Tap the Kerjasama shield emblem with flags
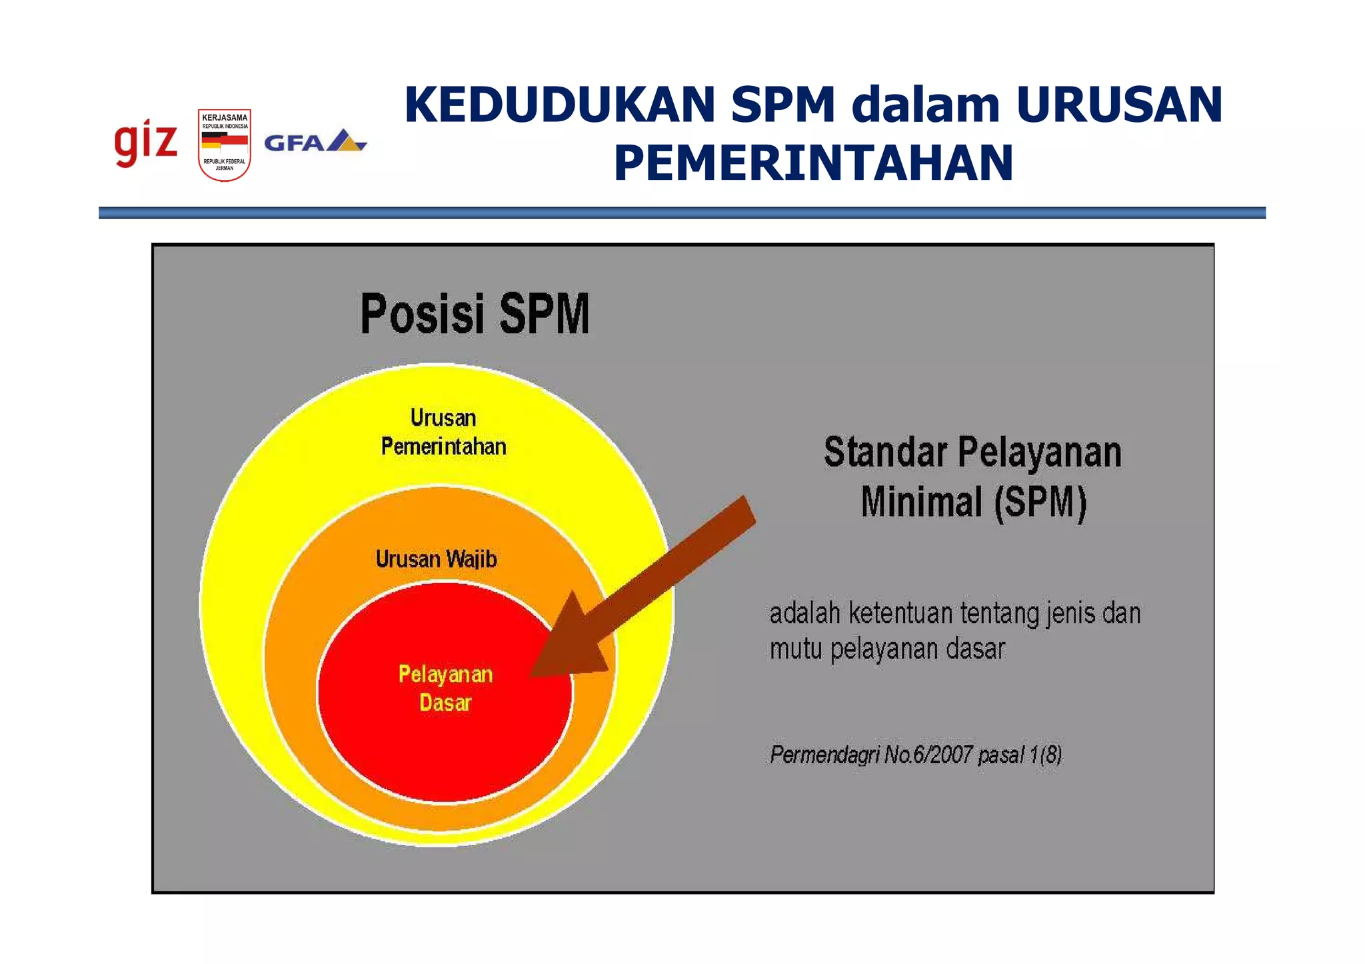pos(225,145)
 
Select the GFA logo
pos(315,141)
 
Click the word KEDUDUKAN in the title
pos(560,105)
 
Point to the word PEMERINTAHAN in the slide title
pos(813,163)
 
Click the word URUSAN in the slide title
pos(1120,105)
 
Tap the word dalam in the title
pos(926,105)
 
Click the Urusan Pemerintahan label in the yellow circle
pos(443,432)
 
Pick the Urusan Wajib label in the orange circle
pos(436,558)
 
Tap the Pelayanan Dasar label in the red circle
pos(445,688)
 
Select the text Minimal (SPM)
pos(973,502)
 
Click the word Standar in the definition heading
pos(884,452)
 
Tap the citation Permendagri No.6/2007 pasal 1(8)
pos(916,755)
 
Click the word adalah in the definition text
pos(804,613)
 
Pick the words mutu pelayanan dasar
pos(886,649)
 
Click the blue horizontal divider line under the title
pos(681,213)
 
